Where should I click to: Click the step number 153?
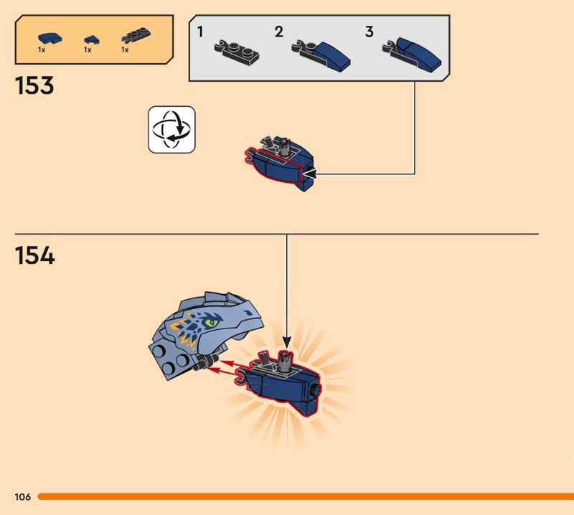(x=34, y=85)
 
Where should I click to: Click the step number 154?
(x=34, y=255)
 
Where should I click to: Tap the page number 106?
(x=23, y=496)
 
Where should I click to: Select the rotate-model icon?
(x=171, y=130)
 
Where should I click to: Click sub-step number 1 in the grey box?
(x=200, y=32)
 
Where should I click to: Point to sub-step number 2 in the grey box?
(x=279, y=32)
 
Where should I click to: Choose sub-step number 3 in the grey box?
(x=370, y=32)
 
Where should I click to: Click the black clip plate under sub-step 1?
(x=237, y=52)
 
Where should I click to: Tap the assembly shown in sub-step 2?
(x=321, y=56)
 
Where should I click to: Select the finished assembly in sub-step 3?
(x=412, y=55)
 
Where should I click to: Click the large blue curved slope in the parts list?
(x=50, y=38)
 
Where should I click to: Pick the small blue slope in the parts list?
(x=92, y=39)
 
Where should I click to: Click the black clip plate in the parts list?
(x=136, y=35)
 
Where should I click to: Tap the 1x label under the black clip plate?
(x=125, y=49)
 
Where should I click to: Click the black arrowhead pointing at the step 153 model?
(x=309, y=174)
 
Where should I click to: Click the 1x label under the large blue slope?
(x=42, y=49)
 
